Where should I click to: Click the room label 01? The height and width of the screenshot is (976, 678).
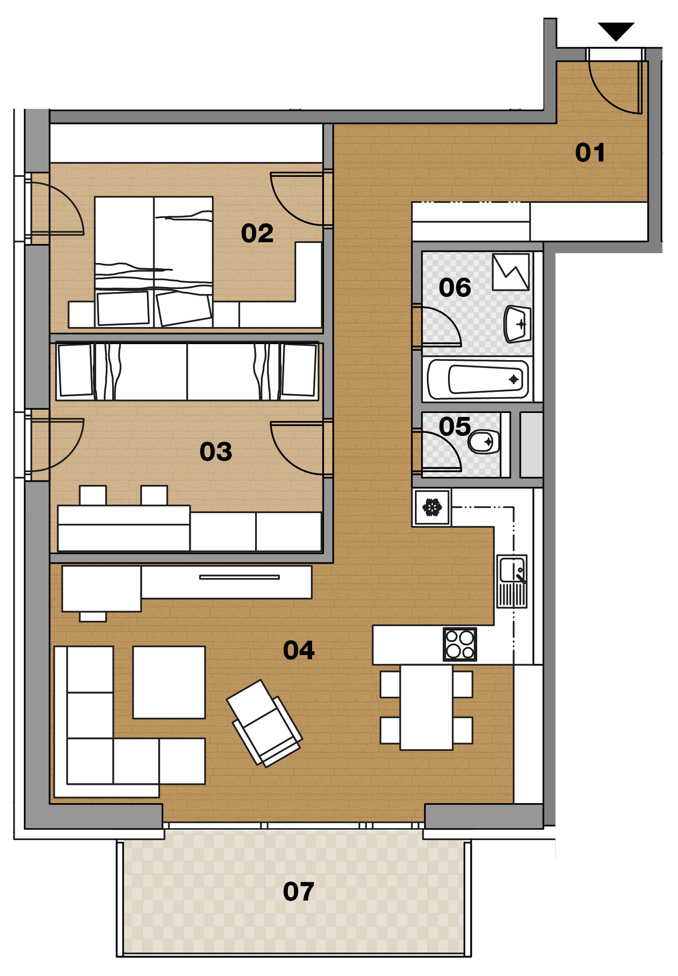590,153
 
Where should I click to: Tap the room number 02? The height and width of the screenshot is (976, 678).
257,233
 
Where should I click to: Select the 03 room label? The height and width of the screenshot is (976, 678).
215,451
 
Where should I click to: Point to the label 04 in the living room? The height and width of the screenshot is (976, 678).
298,650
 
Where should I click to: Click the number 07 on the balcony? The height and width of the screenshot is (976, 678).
298,891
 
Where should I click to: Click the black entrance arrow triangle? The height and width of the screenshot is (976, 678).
616,31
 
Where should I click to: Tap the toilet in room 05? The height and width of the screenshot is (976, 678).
484,441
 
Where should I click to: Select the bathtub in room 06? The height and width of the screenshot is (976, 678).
478,379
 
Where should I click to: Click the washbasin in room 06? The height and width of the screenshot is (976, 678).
517,324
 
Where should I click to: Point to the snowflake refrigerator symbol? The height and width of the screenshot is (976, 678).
432,507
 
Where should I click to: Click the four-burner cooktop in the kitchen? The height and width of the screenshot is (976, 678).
460,644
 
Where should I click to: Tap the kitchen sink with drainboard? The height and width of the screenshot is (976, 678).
512,581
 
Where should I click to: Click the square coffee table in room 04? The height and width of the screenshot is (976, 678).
169,683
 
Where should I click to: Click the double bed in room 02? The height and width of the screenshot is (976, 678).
154,262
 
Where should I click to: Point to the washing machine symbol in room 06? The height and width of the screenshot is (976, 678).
511,272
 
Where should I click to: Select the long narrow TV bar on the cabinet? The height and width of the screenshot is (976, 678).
239,577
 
